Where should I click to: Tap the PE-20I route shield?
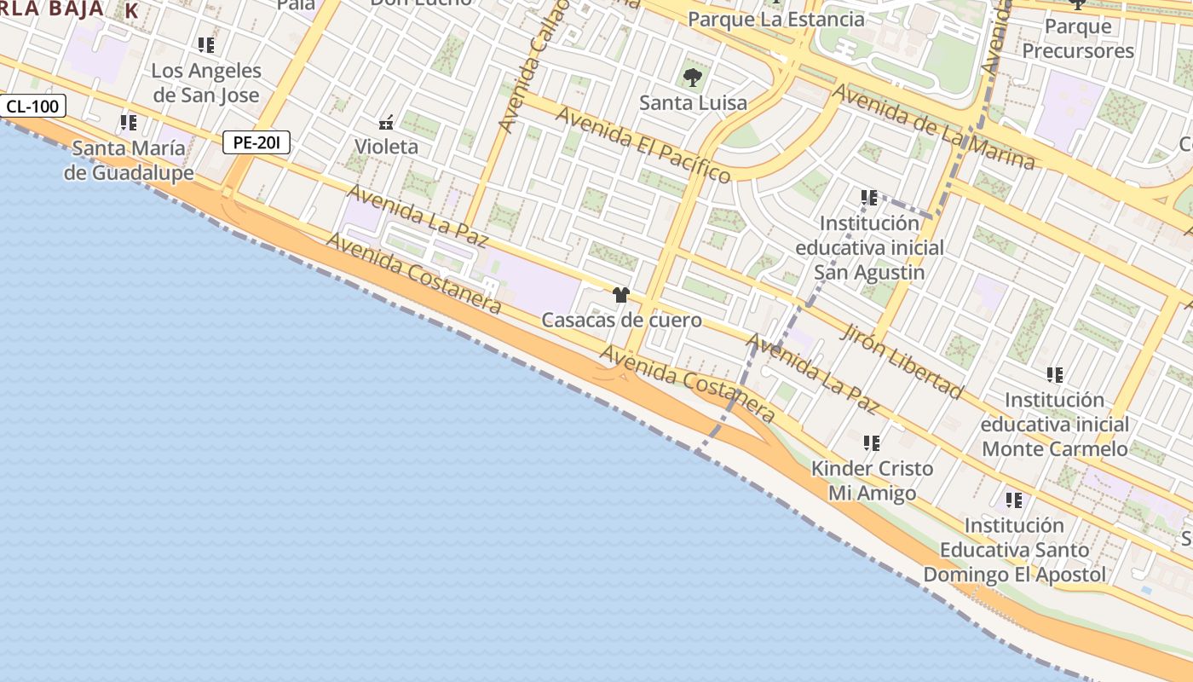(256, 142)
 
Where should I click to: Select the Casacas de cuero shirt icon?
(620, 295)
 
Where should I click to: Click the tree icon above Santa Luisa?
(692, 78)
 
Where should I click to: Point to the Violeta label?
(386, 147)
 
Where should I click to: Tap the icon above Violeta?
(386, 122)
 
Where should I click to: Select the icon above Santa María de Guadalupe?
(129, 123)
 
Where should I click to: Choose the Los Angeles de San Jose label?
(206, 83)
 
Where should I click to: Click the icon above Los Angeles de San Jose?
(205, 44)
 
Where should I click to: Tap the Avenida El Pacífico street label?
(643, 144)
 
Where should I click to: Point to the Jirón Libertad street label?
(902, 361)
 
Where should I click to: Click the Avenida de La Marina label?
(934, 127)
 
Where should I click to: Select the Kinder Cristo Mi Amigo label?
(872, 481)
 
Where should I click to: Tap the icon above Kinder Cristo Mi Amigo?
(871, 443)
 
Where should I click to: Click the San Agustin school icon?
(869, 198)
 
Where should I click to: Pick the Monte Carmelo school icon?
(1055, 374)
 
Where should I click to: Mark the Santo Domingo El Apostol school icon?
(1013, 500)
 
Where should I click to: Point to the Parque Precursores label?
(1078, 38)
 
